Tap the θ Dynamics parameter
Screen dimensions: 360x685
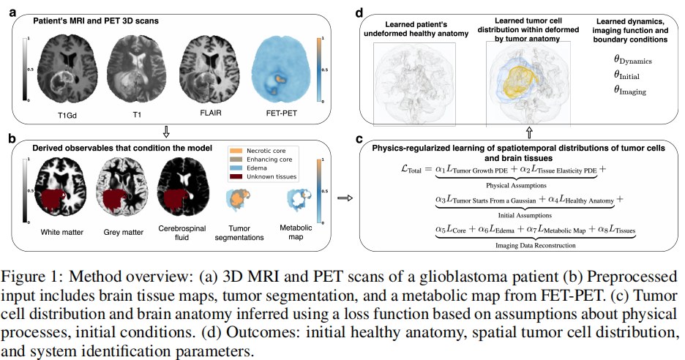[x=632, y=61]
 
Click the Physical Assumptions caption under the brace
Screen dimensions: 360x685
[x=512, y=185]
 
